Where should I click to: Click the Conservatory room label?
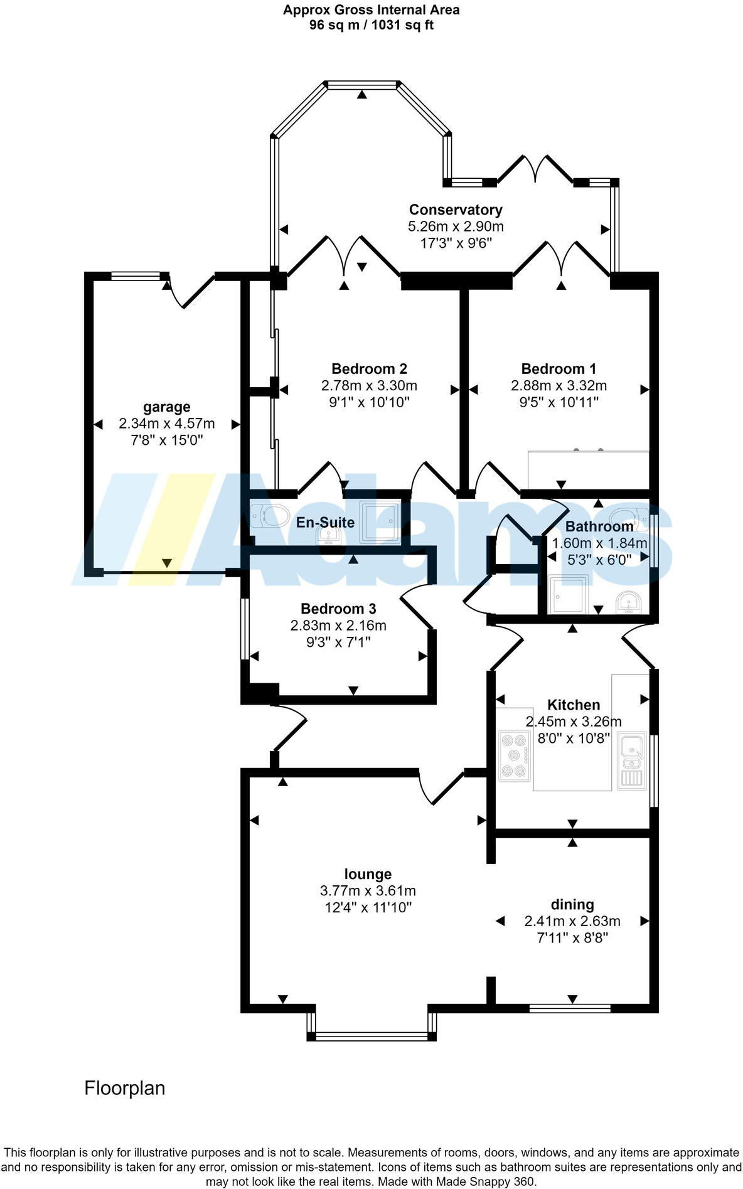tap(456, 210)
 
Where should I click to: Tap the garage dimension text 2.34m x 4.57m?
tap(166, 424)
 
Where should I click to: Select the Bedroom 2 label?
tap(369, 368)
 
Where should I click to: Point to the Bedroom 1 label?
tap(559, 368)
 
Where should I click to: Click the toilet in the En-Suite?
tap(269, 516)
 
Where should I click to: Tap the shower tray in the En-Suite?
tap(379, 521)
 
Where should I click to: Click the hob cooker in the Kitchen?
tap(514, 755)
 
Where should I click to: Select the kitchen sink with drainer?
tap(632, 760)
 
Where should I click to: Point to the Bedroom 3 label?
tap(338, 609)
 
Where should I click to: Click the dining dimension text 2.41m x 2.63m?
tap(572, 921)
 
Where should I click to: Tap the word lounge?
tap(368, 874)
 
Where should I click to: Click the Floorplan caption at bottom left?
tap(125, 1088)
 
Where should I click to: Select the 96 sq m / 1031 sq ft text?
tap(371, 25)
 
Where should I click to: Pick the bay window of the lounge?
tap(371, 1036)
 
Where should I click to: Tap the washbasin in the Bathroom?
tap(628, 602)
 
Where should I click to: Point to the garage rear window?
tap(136, 276)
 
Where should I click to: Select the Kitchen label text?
tap(574, 705)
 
